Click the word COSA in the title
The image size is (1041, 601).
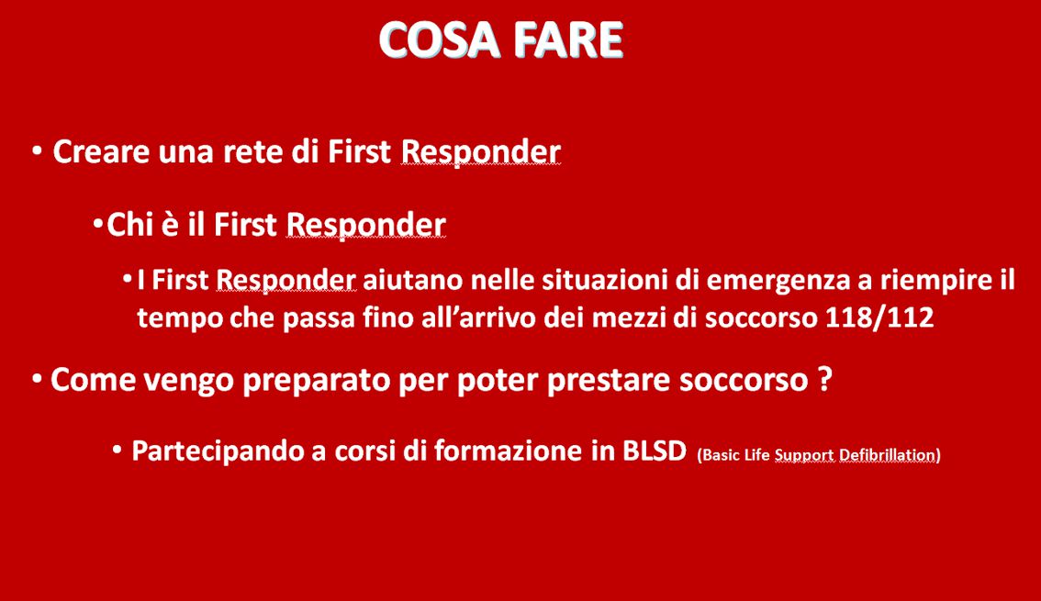click(439, 39)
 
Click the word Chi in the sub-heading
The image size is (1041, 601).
click(130, 224)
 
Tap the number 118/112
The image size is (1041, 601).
click(879, 317)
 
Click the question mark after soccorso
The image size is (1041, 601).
click(824, 380)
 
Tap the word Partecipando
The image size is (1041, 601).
click(218, 451)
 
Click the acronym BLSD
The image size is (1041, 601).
click(654, 451)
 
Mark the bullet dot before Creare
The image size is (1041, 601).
click(37, 151)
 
